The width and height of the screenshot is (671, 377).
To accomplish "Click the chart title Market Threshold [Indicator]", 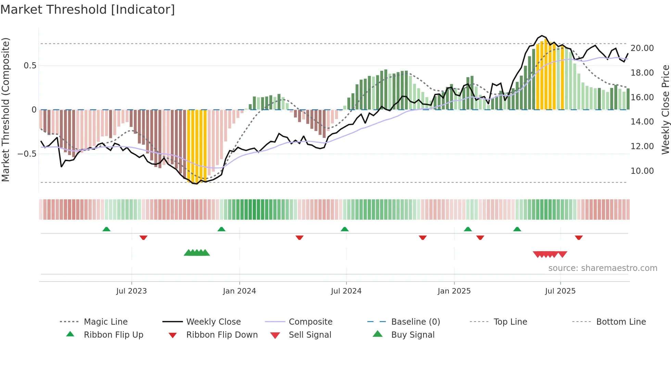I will (x=88, y=10).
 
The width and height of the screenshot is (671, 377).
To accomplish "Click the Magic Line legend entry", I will (x=105, y=322).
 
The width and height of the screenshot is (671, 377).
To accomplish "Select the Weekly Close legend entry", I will (x=213, y=322).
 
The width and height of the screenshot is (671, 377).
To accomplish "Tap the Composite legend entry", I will (x=310, y=322).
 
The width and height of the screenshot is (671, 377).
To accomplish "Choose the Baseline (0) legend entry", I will (x=415, y=322).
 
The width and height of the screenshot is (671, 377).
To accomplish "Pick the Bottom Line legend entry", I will (x=621, y=322).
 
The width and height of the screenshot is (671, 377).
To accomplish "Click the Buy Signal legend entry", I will (x=413, y=335).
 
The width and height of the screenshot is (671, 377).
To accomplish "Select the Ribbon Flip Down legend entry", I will (x=221, y=335).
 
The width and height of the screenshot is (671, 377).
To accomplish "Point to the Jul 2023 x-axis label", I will (x=131, y=291).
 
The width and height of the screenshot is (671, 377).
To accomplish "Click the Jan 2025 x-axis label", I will (x=454, y=291).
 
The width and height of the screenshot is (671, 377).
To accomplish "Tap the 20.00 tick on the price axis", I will (x=642, y=48).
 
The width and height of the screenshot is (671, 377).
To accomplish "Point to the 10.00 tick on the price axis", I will (x=642, y=171).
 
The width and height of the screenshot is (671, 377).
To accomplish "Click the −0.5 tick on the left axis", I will (x=27, y=154).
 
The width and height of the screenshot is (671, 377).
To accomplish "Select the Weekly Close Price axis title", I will (x=665, y=109).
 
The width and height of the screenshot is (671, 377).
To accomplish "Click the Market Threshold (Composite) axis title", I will (x=5, y=109).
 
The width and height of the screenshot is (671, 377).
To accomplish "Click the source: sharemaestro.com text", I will (x=603, y=268).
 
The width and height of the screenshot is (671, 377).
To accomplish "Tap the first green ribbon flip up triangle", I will (x=106, y=229).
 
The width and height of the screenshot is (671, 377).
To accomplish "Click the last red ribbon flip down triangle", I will (x=579, y=237).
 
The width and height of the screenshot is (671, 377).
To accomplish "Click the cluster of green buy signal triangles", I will (x=197, y=253).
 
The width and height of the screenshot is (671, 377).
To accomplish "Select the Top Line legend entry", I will (x=510, y=322).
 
